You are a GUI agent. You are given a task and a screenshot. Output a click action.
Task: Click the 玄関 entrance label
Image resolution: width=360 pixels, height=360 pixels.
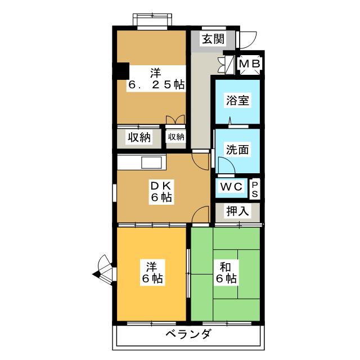click(x=213, y=39)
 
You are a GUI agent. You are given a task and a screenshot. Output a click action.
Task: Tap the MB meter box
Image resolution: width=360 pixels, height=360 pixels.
click(x=250, y=64)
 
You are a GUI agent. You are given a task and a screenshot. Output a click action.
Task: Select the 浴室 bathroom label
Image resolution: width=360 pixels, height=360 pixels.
click(x=237, y=100)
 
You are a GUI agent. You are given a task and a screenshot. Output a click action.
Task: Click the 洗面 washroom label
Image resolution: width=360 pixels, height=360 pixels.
click(x=237, y=150)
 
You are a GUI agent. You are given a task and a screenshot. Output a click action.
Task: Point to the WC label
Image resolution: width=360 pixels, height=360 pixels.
click(x=231, y=187)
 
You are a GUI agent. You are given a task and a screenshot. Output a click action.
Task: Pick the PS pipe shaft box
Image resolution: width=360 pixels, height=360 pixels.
click(x=255, y=189)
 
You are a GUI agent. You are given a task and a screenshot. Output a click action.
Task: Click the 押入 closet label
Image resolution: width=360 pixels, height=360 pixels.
click(x=237, y=211)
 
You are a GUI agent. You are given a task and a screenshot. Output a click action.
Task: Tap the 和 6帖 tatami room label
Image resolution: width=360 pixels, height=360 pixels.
click(x=226, y=273)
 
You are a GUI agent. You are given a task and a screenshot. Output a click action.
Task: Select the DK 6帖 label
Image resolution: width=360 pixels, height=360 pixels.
click(x=161, y=191)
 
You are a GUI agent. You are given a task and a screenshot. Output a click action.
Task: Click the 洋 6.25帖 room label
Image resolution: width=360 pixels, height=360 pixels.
click(x=156, y=79)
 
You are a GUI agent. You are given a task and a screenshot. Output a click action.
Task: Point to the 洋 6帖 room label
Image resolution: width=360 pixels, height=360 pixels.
click(x=152, y=272)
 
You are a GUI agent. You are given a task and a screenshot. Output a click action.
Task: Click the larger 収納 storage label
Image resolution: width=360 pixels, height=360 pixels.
click(x=139, y=137)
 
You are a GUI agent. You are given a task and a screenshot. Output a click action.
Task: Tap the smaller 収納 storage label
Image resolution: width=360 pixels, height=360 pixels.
click(x=176, y=137)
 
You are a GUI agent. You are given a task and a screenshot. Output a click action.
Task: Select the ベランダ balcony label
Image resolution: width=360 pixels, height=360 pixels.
click(x=188, y=334)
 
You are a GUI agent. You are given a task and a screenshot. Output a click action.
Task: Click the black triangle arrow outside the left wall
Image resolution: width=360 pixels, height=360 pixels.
click(x=96, y=274)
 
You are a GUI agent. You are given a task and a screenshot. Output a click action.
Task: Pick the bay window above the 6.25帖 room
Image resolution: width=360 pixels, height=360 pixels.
click(x=152, y=20)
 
